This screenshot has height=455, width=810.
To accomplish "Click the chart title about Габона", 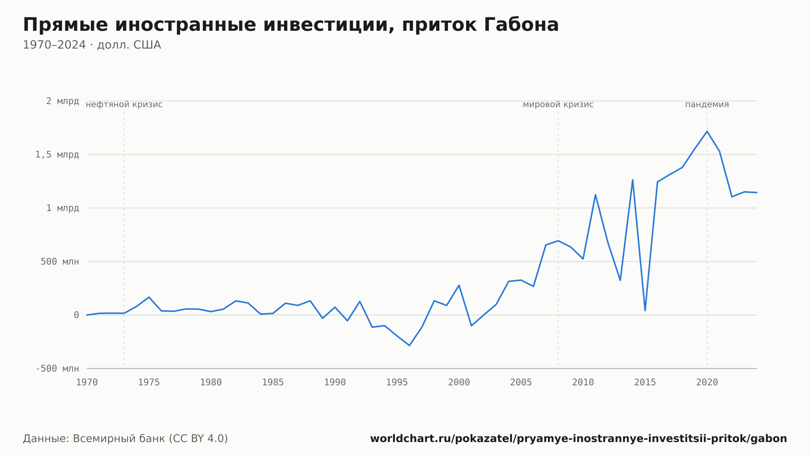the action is pyautogui.click(x=291, y=25).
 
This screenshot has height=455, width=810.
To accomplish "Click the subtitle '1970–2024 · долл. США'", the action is pyautogui.click(x=92, y=45).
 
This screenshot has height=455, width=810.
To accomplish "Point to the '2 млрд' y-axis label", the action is pyautogui.click(x=62, y=101).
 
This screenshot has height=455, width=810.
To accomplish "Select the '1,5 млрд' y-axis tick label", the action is pyautogui.click(x=57, y=155).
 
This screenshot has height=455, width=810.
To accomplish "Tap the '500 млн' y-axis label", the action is pyautogui.click(x=60, y=262).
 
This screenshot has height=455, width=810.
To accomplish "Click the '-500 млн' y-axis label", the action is pyautogui.click(x=57, y=368).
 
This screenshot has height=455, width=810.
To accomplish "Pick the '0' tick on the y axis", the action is pyautogui.click(x=76, y=315).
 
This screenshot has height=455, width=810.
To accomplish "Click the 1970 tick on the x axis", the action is pyautogui.click(x=87, y=383).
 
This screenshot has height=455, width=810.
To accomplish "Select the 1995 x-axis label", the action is pyautogui.click(x=397, y=383).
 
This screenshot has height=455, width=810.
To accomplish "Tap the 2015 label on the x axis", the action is pyautogui.click(x=645, y=383).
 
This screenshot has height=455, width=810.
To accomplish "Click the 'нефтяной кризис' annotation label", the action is pyautogui.click(x=124, y=104).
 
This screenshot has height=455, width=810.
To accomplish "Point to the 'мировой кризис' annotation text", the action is pyautogui.click(x=558, y=104).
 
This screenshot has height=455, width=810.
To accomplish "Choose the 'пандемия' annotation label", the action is pyautogui.click(x=707, y=104).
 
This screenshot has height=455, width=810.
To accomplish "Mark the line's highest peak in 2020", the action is pyautogui.click(x=707, y=131).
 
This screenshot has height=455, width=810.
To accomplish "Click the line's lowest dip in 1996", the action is pyautogui.click(x=409, y=345).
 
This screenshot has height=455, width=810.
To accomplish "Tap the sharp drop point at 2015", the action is pyautogui.click(x=645, y=310).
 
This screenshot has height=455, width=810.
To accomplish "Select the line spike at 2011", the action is pyautogui.click(x=595, y=195).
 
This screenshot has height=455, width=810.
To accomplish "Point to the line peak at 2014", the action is pyautogui.click(x=633, y=180).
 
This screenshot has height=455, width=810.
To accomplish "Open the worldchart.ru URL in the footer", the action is pyautogui.click(x=579, y=439).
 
